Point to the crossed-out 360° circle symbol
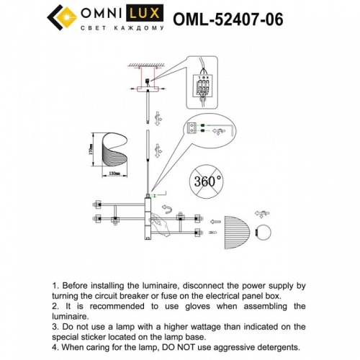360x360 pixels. click(x=207, y=181)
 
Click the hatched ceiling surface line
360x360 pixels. click(x=148, y=67)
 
